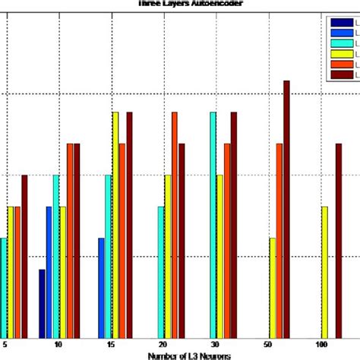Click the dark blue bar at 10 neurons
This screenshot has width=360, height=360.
(42, 303)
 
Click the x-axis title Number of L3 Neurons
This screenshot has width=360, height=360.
(176, 355)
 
